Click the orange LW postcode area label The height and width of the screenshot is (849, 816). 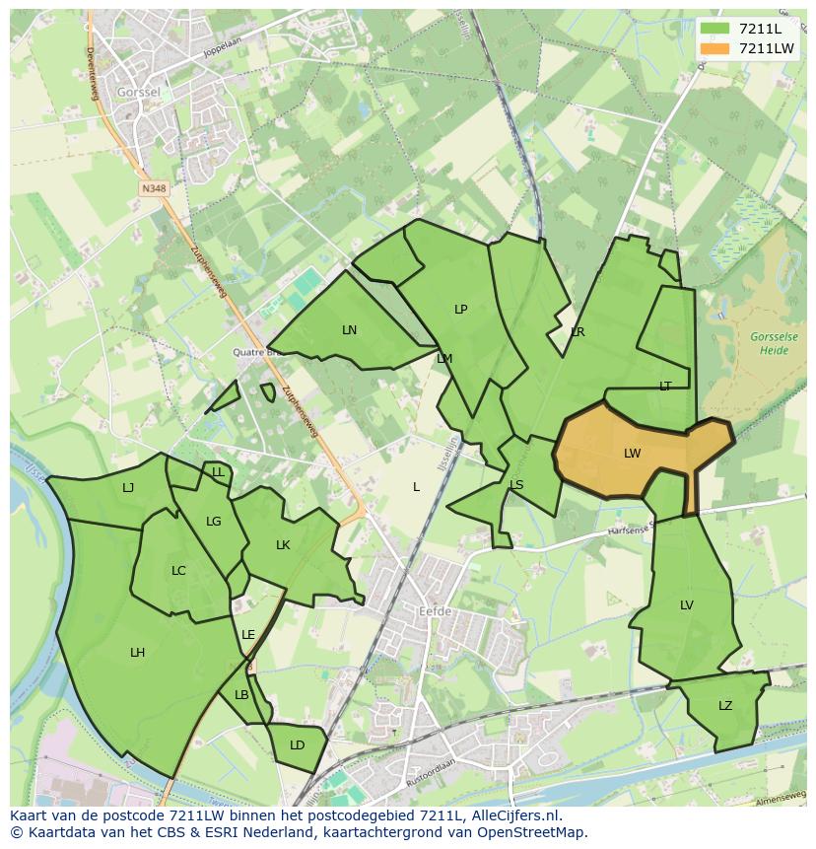[x=632, y=454]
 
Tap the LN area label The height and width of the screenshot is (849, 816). [x=349, y=330]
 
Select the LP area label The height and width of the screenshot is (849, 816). [x=460, y=310]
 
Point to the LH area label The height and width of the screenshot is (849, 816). [x=137, y=653]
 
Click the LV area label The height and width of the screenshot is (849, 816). [x=687, y=605]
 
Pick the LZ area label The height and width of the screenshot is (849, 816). [x=725, y=706]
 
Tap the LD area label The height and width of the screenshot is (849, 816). [x=297, y=745]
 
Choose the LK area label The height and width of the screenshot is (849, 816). [x=283, y=545]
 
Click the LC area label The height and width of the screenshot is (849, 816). [x=178, y=571]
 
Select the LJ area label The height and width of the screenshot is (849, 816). [x=128, y=488]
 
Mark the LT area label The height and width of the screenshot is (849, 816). [x=665, y=387]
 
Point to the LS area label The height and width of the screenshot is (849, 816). [x=516, y=485]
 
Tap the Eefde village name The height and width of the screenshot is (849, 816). [x=435, y=611]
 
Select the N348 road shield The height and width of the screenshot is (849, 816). [x=153, y=187]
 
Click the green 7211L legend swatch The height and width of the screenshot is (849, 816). [x=714, y=29]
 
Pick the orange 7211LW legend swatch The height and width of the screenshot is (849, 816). [x=714, y=48]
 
